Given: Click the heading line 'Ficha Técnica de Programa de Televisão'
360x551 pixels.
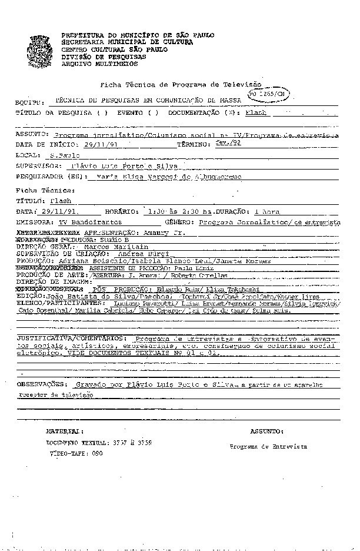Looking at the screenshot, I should click(x=181, y=85).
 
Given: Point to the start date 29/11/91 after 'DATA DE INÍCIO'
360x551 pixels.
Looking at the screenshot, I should click(x=101, y=144).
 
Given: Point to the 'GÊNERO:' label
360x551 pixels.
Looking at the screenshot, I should click(x=180, y=223).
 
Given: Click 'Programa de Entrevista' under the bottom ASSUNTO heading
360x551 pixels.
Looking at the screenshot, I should click(x=268, y=447).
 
